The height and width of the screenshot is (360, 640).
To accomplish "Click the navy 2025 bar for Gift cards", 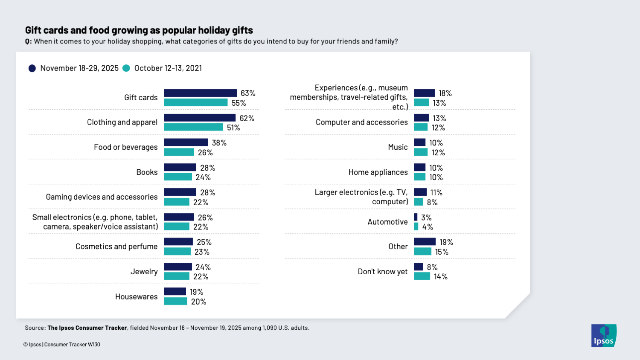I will click(200, 93).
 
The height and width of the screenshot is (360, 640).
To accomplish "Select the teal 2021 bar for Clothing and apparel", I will click(193, 128).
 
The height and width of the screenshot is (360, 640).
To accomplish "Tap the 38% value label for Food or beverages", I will click(219, 143).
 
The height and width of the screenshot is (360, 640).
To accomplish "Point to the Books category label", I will click(147, 172).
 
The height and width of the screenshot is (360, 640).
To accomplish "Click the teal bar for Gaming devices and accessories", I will click(177, 202).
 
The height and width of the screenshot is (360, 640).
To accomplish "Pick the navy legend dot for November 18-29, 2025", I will click(32, 68).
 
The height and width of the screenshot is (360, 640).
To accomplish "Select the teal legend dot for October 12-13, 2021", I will click(126, 68).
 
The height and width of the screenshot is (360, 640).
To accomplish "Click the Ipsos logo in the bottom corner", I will click(603, 336).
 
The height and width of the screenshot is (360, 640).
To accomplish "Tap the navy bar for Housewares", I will click(175, 292).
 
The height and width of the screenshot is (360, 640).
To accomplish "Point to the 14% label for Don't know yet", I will click(440, 277).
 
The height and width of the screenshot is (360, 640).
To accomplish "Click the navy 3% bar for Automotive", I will click(416, 218).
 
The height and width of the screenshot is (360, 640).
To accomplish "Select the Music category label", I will click(398, 147).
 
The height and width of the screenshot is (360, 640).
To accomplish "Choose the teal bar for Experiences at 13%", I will click(421, 103).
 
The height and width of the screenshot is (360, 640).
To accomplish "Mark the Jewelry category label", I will click(144, 272).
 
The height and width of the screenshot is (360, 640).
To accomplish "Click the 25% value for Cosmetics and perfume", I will click(204, 242).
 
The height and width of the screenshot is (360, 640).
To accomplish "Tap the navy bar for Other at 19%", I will click(425, 242).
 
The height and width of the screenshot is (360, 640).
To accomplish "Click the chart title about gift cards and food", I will click(139, 30).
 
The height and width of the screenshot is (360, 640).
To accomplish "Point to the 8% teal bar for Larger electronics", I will click(418, 202).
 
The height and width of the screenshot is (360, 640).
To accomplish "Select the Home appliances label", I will click(378, 172).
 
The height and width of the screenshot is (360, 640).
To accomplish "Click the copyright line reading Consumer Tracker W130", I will click(62, 345).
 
